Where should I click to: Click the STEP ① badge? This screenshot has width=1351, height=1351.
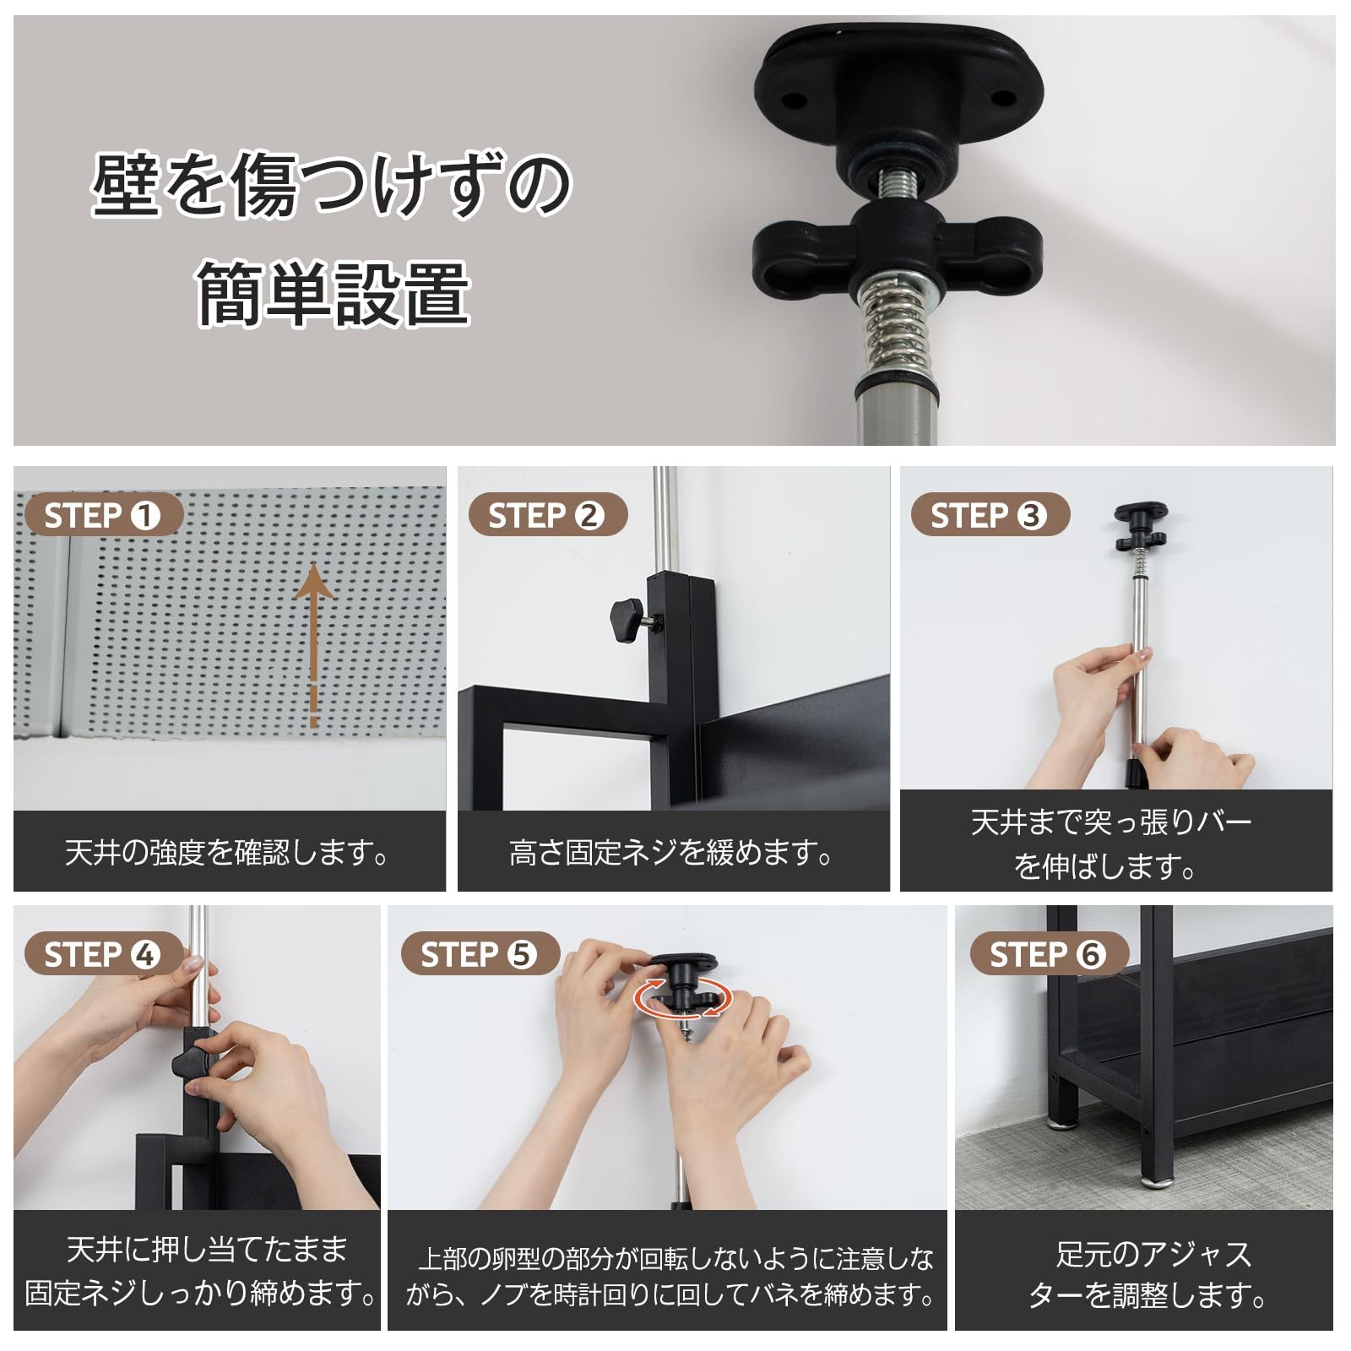coord(103,515)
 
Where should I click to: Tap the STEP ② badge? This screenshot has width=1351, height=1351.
coord(547,515)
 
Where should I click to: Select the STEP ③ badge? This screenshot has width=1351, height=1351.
coord(990,515)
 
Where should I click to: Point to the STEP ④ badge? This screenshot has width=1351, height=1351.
coord(103,955)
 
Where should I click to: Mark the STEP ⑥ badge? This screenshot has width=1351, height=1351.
coord(1048,955)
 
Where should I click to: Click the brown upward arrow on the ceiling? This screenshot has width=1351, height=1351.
coord(313,642)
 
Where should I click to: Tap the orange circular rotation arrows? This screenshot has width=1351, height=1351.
coord(682,999)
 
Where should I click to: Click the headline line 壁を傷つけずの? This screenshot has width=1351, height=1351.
coord(331,184)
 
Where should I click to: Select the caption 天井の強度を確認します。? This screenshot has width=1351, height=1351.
coord(228,853)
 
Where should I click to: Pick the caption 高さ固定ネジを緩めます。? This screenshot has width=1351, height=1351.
coord(672,853)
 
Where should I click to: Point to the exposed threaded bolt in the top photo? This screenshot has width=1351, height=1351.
coord(897,187)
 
